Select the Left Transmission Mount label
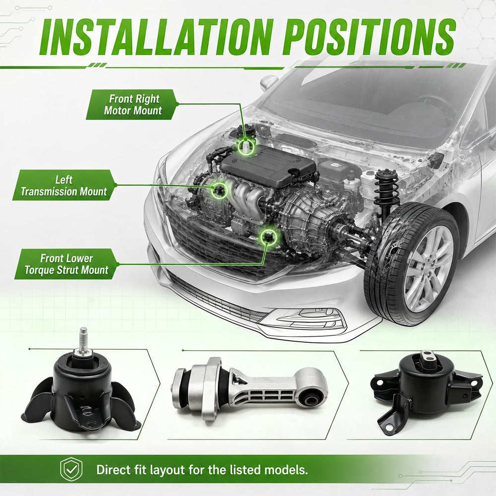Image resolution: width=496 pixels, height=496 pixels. point(64,186)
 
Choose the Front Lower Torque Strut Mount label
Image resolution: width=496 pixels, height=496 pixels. point(66,264)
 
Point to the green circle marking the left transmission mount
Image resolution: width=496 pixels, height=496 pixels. point(219,190)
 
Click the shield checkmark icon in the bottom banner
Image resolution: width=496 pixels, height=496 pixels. point(71,469)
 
